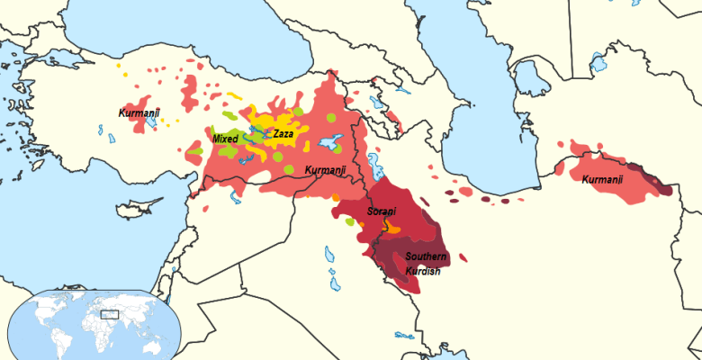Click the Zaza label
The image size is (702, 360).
(x=283, y=133)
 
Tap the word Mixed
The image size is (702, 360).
(x=224, y=139)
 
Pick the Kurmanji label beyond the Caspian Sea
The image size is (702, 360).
(x=602, y=180)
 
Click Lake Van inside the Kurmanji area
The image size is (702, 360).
(x=330, y=142)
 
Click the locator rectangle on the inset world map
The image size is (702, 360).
(x=110, y=314)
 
